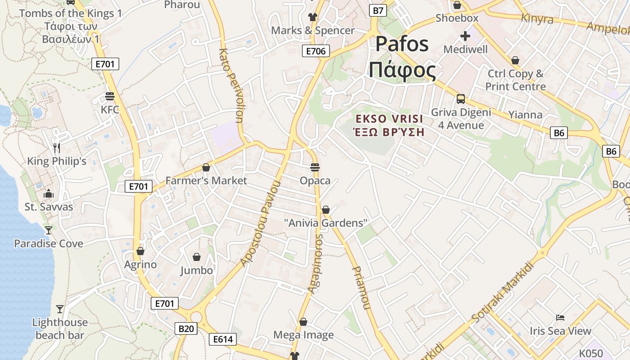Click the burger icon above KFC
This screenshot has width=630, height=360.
tap(110, 96)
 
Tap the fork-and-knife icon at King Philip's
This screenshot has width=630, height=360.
tap(57, 148)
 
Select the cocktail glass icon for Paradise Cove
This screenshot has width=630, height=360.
tap(48, 230)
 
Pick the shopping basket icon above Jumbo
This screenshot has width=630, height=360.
tap(197, 257)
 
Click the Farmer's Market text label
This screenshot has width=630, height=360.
tap(206, 181)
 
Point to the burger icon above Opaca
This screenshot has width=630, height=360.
tap(315, 167)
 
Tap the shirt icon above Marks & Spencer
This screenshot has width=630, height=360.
tap(313, 17)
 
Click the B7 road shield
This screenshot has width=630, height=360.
tap(378, 10)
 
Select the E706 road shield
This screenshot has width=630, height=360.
tap(315, 51)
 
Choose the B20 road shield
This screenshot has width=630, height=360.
tap(186, 328)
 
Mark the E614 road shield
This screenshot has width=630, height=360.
tap(223, 339)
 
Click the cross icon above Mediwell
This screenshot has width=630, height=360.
tap(465, 36)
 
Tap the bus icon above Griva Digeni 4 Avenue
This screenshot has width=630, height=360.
tap(461, 99)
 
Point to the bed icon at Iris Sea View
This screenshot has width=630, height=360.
tap(560, 318)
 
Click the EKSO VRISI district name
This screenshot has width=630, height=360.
tap(389, 119)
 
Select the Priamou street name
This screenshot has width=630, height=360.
tap(361, 288)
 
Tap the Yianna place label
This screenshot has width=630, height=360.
tap(525, 115)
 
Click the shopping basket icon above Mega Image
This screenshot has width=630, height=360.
tap(303, 322)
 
